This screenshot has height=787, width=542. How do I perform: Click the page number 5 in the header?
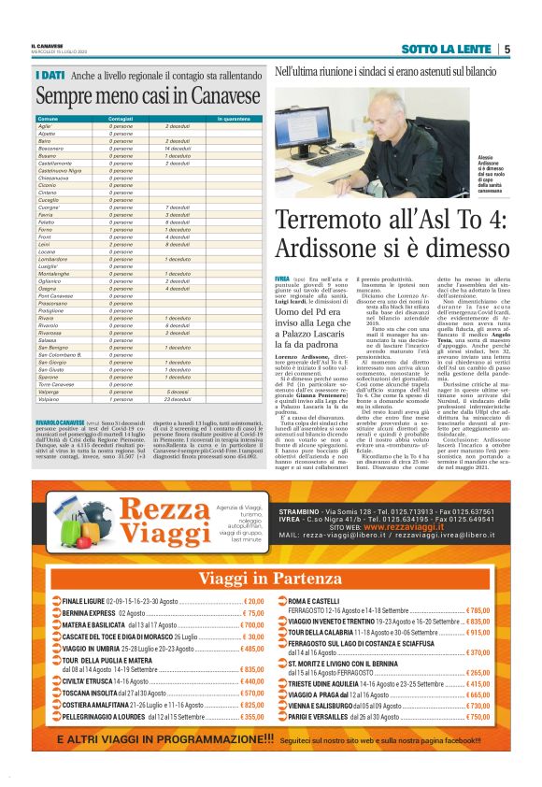pos(506,49)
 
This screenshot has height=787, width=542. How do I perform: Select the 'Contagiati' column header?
pos(121,120)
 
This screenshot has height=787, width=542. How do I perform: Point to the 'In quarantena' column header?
pos(233,120)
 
